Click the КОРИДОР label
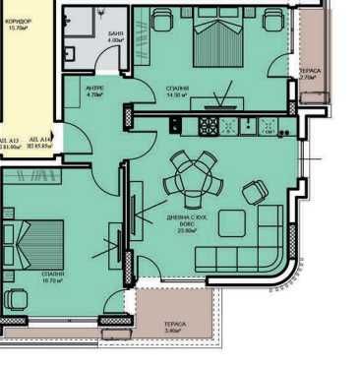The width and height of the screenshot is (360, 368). [x=20, y=20]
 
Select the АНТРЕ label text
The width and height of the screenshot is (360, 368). [x=94, y=87]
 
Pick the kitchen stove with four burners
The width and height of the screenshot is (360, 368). [x=209, y=125]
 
